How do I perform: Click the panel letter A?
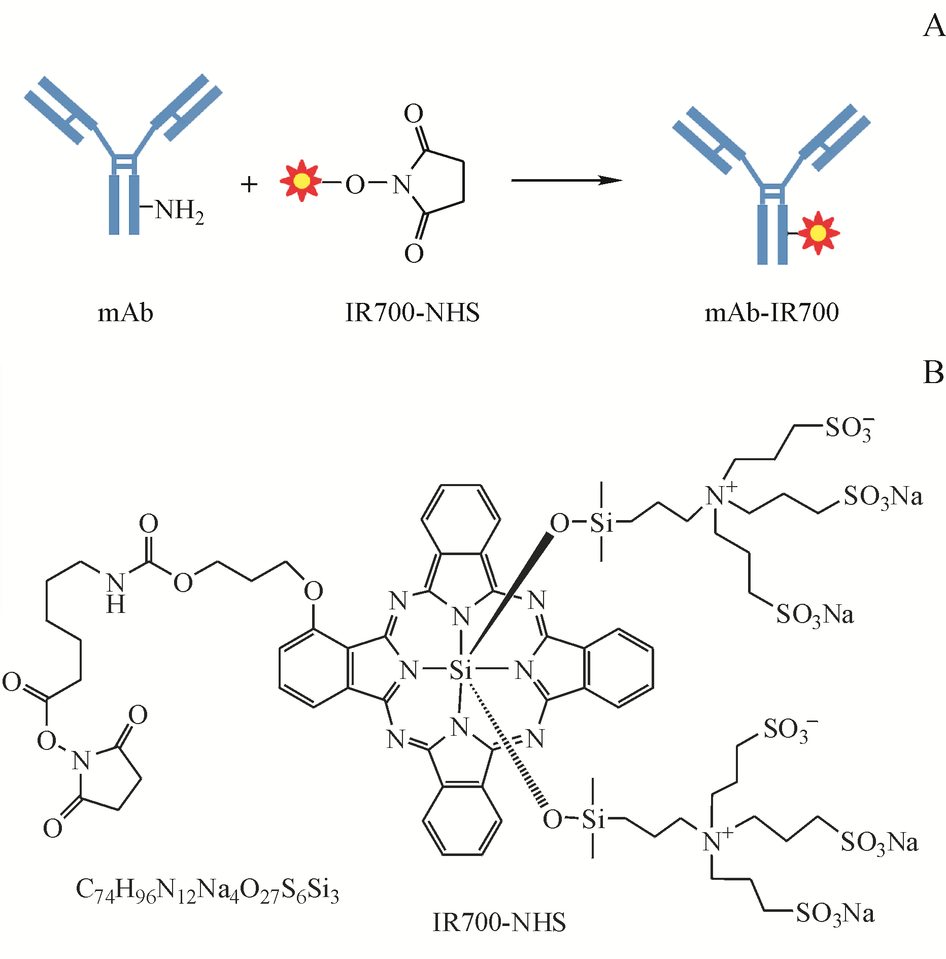tap(933, 26)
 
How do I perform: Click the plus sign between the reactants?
tap(249, 184)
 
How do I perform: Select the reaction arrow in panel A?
tap(566, 180)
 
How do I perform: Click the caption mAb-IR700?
tap(771, 313)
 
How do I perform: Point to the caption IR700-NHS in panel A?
tap(412, 313)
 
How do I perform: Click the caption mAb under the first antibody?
tap(125, 313)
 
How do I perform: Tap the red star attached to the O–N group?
tap(301, 181)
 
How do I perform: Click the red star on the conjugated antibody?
tap(818, 233)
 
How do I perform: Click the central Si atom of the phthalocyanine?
tap(461, 671)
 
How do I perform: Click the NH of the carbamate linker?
tap(116, 593)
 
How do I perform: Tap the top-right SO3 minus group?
tap(849, 429)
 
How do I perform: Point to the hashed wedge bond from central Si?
tap(508, 746)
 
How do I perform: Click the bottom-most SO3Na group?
tap(835, 914)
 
